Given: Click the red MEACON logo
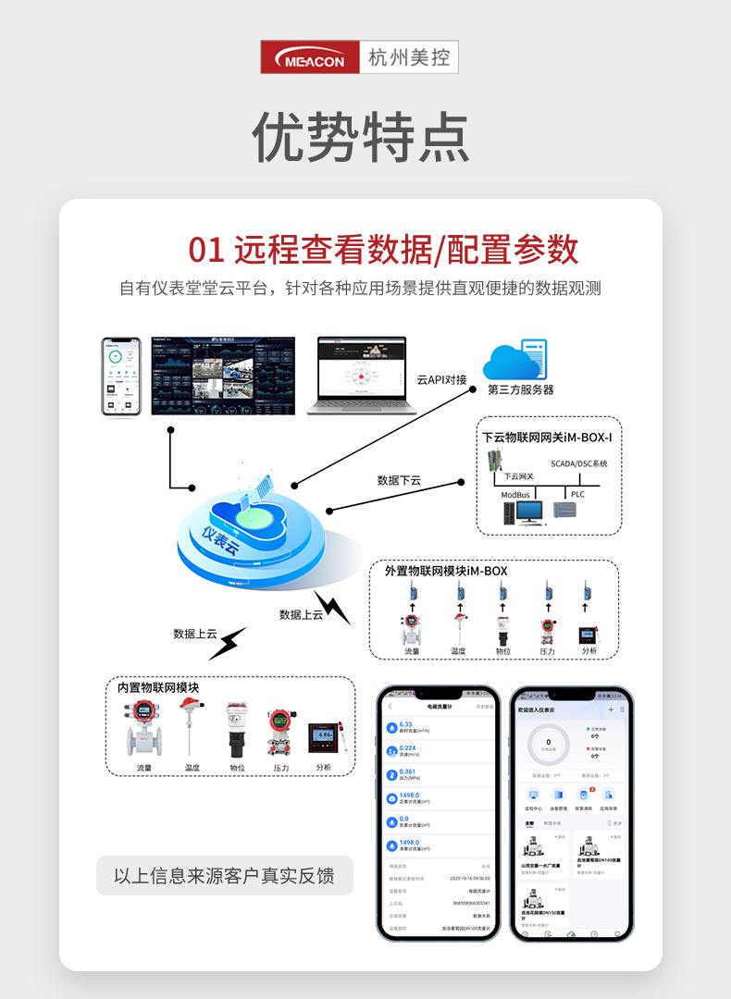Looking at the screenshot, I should click(x=311, y=57).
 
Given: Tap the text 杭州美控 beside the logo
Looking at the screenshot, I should click(x=408, y=57).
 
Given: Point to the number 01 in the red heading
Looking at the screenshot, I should click(x=206, y=250).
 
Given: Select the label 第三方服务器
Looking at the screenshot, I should click(x=521, y=390).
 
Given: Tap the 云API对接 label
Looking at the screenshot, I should click(x=441, y=379).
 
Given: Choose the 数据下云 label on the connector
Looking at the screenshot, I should click(x=399, y=480).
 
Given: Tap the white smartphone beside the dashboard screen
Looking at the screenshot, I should click(x=121, y=376).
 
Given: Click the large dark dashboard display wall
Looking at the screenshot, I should click(x=223, y=376).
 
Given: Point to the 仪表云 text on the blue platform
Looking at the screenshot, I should click(x=220, y=540).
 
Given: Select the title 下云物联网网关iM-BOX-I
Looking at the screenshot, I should click(x=547, y=436).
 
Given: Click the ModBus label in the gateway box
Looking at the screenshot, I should click(x=516, y=495).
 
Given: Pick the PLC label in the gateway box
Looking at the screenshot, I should click(x=577, y=495).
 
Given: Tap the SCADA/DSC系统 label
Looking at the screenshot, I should click(x=579, y=463).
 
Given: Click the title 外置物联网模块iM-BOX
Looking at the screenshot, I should click(x=446, y=571).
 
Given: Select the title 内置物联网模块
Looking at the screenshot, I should click(x=158, y=687).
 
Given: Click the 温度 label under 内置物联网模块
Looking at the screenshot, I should click(x=192, y=768).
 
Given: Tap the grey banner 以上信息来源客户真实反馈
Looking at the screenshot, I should click(x=224, y=875).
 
